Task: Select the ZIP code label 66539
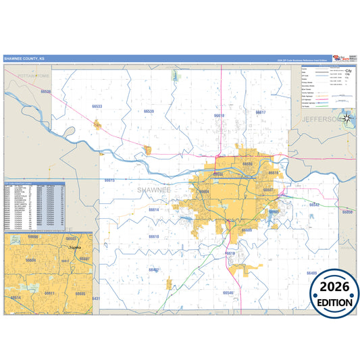click(x=148, y=111)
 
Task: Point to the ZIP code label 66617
click(x=260, y=112)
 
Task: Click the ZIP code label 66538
click(x=45, y=91)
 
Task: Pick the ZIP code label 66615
click(x=109, y=180)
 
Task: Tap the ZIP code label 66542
click(x=315, y=204)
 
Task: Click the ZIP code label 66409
click(x=312, y=272)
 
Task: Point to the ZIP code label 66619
click(x=230, y=253)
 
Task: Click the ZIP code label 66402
click(x=154, y=269)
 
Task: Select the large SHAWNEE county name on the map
click(x=155, y=190)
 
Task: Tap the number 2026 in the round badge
click(x=334, y=287)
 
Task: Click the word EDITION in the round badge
click(x=334, y=303)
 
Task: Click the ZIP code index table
click(x=34, y=207)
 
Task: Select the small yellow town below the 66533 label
click(x=97, y=124)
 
